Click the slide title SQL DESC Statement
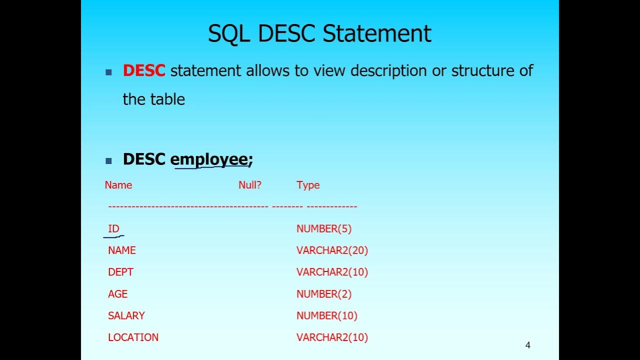pos(319,33)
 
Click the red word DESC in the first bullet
pos(144,70)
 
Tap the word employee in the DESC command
pos(209,159)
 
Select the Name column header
pos(118,185)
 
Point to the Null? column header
pos(250,185)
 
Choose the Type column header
pos(308,185)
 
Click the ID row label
pos(114,228)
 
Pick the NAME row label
pos(122,250)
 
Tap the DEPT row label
pos(121,272)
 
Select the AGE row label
pos(118,294)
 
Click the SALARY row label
pos(126,315)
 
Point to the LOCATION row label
pos(133,337)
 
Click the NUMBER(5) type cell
pos(324,228)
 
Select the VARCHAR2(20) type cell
pos(332,250)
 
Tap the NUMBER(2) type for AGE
pos(324,294)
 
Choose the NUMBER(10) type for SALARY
pos(327,315)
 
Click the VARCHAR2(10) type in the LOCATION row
pos(332,337)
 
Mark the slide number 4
pos(528,345)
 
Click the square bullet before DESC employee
pos(109,161)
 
